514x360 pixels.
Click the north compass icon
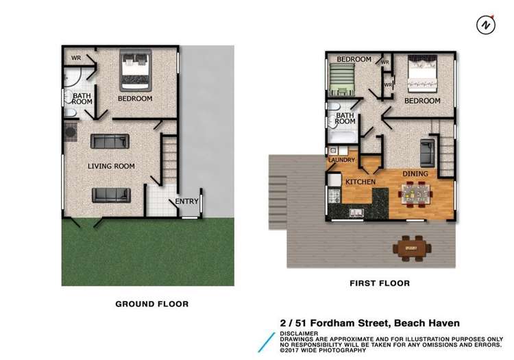[x=485, y=25]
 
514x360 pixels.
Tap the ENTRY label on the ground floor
[x=186, y=201]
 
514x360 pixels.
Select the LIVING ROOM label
[x=111, y=166]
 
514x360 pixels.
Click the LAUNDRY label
[x=341, y=160]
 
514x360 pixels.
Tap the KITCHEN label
[x=360, y=182]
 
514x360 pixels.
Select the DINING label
[x=415, y=173]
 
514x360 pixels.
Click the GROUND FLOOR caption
[x=151, y=304]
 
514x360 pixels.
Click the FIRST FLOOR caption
[x=379, y=283]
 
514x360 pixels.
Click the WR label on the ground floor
[x=76, y=58]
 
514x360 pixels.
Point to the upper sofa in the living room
[x=110, y=142]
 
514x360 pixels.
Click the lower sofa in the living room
[x=111, y=195]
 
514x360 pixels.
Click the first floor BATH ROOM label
[x=345, y=119]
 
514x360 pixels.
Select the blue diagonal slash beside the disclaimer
[x=267, y=341]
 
